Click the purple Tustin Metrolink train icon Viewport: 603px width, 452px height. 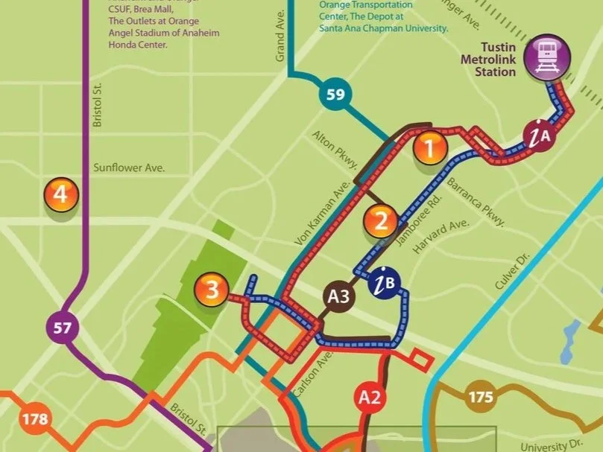(547, 57)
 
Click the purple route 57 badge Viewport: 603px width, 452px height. (62, 326)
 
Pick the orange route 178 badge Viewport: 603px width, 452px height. (34, 419)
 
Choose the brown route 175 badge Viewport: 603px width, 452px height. (481, 397)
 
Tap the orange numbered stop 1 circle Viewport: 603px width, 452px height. (429, 147)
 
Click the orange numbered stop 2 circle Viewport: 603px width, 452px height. (382, 220)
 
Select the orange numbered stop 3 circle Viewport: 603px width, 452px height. (212, 289)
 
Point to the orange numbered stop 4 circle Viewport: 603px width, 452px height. (61, 195)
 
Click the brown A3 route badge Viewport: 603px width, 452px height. (339, 296)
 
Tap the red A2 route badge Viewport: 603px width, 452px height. (370, 397)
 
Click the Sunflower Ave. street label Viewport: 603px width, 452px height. (129, 168)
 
